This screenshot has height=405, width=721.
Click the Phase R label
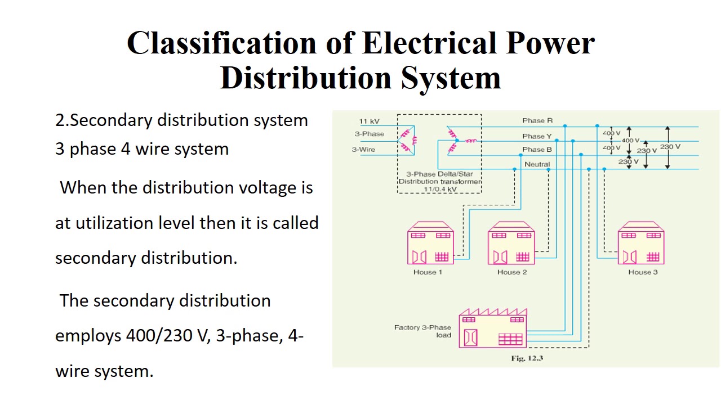coord(537,120)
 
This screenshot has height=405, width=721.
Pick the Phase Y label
coord(537,136)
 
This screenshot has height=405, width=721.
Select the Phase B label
coord(537,150)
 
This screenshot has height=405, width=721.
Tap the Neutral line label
coord(537,164)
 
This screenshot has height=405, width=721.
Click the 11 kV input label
coord(370,121)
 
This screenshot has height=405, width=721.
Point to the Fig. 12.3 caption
coord(527,358)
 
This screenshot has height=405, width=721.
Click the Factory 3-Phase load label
coord(422,331)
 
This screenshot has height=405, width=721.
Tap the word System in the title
coord(451,78)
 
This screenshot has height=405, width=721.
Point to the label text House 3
coord(643,272)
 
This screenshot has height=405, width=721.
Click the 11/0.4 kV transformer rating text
coord(440,189)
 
